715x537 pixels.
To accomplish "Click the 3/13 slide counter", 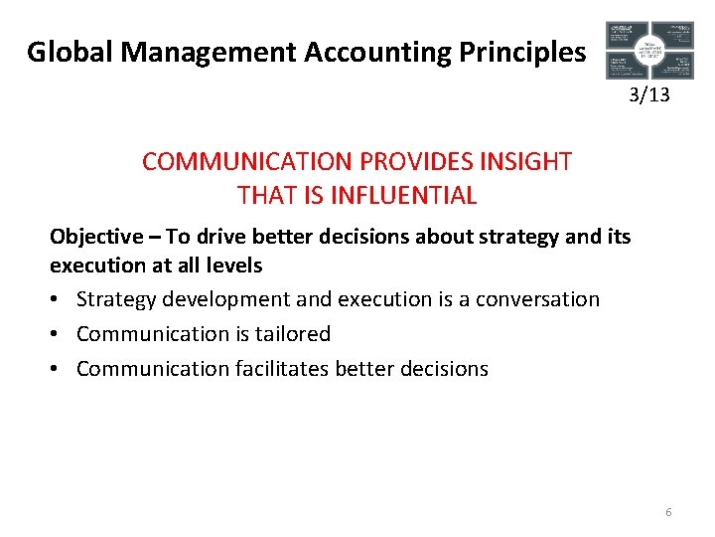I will pos(649,95).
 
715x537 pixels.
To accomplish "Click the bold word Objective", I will pos(95,237).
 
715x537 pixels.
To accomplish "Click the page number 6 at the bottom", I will pos(668,512).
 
